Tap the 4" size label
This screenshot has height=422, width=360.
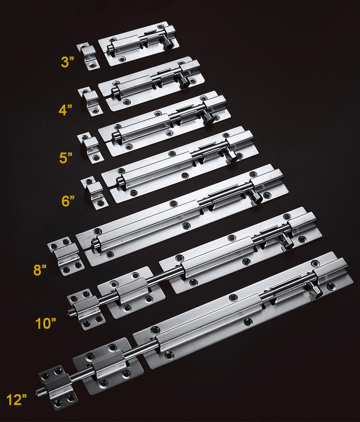[x=65, y=110]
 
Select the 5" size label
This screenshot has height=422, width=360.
[x=66, y=158]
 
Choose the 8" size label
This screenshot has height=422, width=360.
[x=40, y=270]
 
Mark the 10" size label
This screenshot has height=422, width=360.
[x=46, y=324]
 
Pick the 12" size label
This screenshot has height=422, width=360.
[x=17, y=399]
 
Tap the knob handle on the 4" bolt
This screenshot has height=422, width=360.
[x=184, y=80]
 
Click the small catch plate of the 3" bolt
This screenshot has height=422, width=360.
[x=90, y=56]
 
